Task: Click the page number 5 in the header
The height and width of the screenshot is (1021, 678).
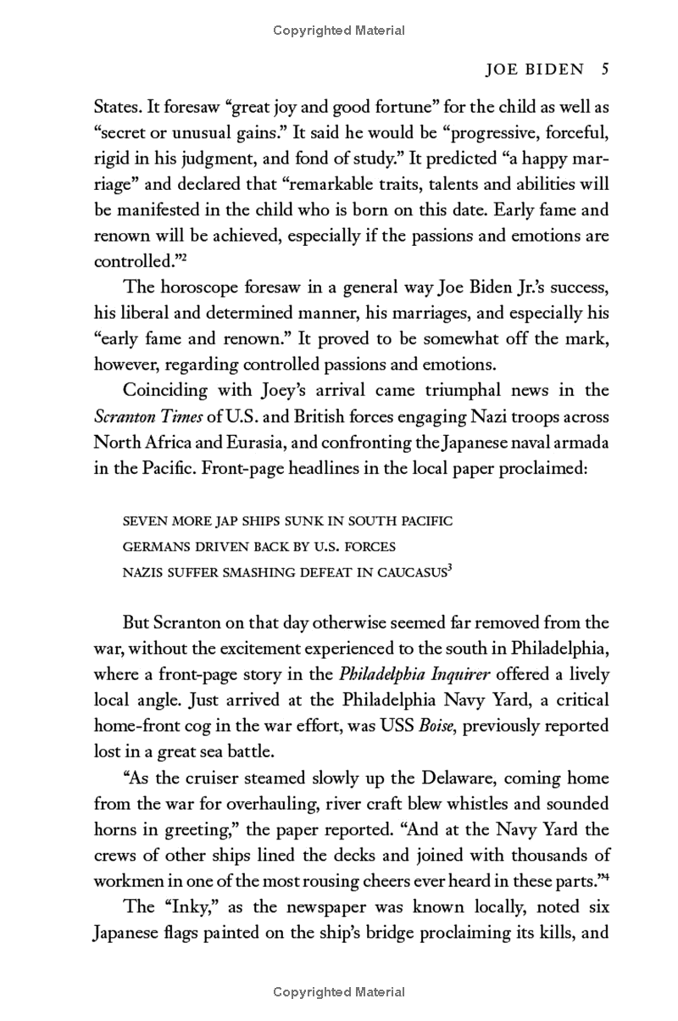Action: [604, 71]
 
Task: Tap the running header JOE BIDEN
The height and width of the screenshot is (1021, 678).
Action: [531, 71]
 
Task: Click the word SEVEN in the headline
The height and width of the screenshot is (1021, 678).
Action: [148, 519]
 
